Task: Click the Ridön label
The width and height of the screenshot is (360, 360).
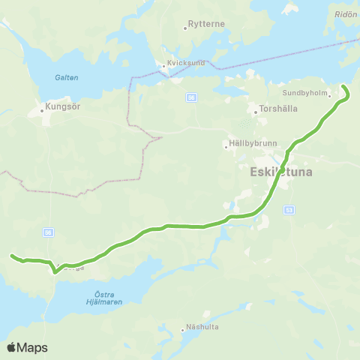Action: (x=346, y=15)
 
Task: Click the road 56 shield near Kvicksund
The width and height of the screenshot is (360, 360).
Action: (x=191, y=97)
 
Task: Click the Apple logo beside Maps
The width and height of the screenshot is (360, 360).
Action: (x=13, y=347)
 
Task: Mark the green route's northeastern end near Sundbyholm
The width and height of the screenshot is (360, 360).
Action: (x=344, y=88)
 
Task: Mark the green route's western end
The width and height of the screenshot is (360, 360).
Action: (x=12, y=256)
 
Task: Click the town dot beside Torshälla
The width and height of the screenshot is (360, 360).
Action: (x=256, y=113)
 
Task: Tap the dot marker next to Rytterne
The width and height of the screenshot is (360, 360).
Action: (x=184, y=28)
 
